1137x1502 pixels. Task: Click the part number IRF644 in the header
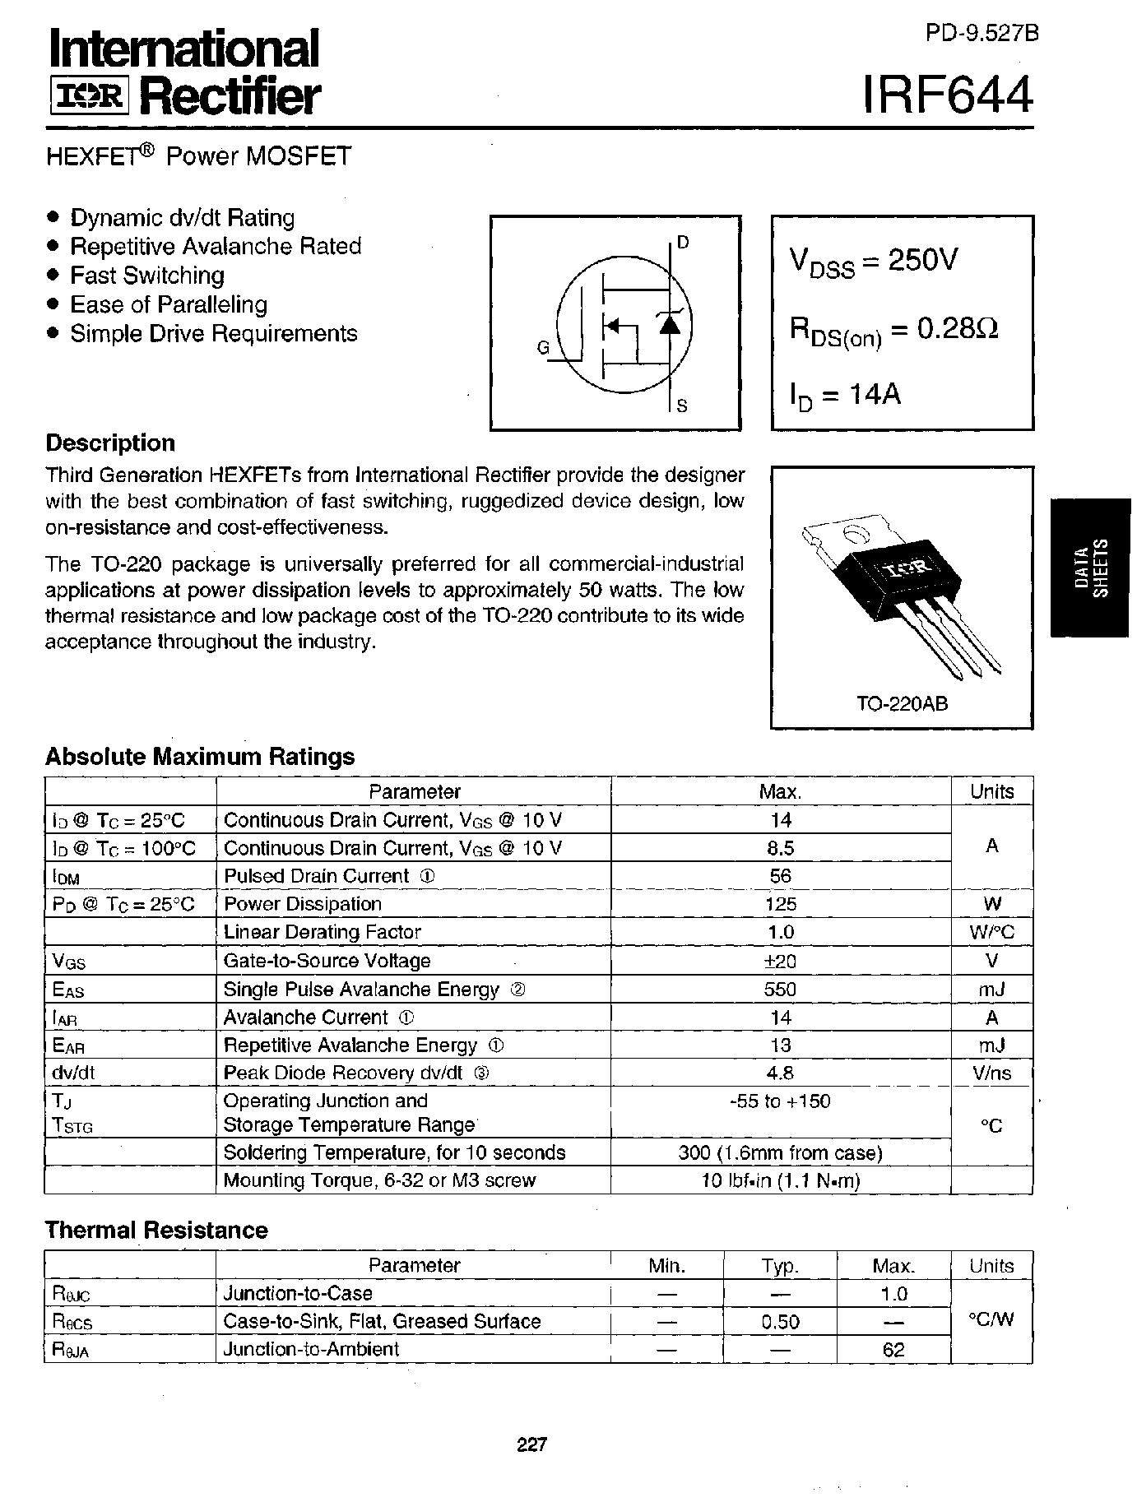click(x=948, y=95)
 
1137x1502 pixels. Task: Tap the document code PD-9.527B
click(x=982, y=33)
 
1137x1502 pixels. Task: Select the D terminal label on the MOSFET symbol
click(x=683, y=242)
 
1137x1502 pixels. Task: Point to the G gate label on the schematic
click(x=543, y=348)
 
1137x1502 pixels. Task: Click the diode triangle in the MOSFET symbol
click(x=671, y=323)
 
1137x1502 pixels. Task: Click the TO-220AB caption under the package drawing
click(x=902, y=704)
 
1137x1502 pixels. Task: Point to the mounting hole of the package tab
click(x=856, y=535)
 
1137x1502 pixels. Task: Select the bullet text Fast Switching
click(x=147, y=276)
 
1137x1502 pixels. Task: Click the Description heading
click(x=110, y=443)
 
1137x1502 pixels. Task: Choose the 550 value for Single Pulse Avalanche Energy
click(x=780, y=990)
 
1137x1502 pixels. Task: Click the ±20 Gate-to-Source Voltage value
click(x=780, y=961)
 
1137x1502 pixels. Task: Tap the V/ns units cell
click(x=991, y=1073)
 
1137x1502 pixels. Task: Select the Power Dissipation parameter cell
click(x=303, y=904)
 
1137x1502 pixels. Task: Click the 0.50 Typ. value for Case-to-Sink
click(x=780, y=1322)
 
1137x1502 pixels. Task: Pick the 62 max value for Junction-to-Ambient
click(x=893, y=1350)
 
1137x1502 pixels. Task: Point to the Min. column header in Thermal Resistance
click(x=666, y=1266)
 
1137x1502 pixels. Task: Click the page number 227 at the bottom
click(x=532, y=1444)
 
